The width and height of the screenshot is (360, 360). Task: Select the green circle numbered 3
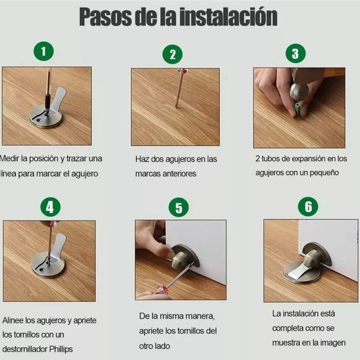click(x=295, y=54)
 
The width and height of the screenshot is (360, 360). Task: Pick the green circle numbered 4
click(x=50, y=207)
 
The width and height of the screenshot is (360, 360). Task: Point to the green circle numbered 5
click(x=179, y=208)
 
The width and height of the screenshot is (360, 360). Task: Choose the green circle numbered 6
click(x=308, y=207)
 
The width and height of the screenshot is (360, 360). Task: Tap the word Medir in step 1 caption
click(x=10, y=158)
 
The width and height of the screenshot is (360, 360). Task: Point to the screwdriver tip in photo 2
click(x=176, y=106)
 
